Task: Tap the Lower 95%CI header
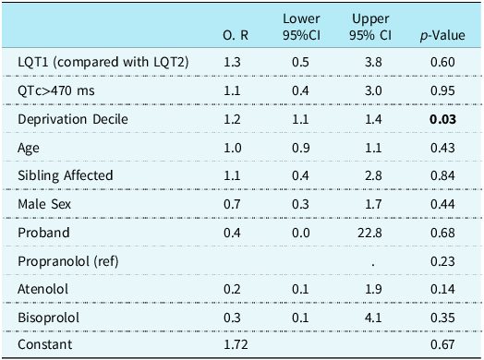(x=303, y=27)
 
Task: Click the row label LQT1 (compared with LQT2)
(x=103, y=61)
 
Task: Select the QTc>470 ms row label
(x=56, y=90)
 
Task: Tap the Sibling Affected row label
(x=65, y=175)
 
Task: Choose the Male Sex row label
(x=46, y=203)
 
